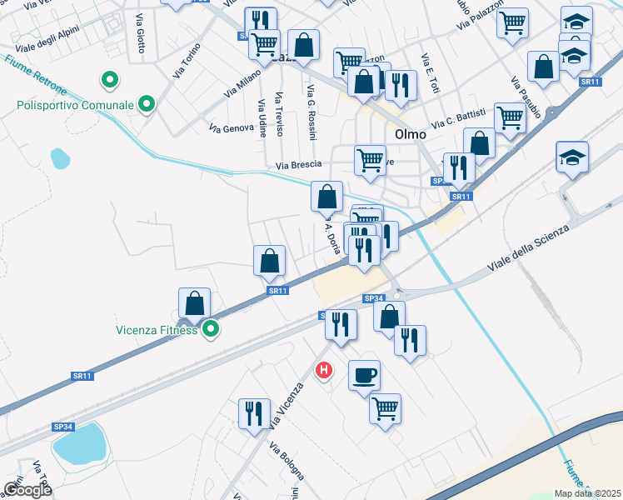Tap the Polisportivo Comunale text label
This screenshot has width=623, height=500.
click(x=74, y=106)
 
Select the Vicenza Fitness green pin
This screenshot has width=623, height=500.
click(x=212, y=329)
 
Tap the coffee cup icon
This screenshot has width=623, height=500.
click(x=363, y=375)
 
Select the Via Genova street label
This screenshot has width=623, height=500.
click(x=231, y=128)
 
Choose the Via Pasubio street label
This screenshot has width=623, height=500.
click(x=526, y=97)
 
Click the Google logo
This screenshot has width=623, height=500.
click(x=27, y=490)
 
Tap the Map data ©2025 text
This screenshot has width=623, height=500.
click(x=588, y=493)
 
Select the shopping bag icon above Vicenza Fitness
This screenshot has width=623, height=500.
click(x=194, y=304)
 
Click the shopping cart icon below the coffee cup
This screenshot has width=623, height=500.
click(x=385, y=408)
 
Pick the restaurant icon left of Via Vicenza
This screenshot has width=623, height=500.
click(x=254, y=413)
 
